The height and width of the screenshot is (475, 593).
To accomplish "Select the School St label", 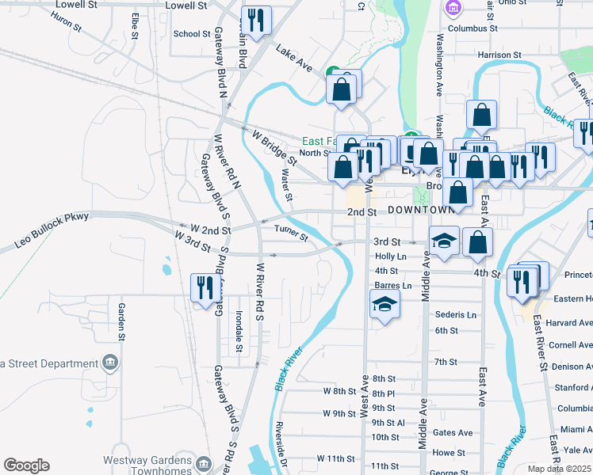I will (186, 34).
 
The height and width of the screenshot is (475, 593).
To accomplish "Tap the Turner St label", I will (291, 230).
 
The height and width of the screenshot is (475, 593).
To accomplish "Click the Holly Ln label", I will (390, 256).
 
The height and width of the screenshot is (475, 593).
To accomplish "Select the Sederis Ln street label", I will (456, 314).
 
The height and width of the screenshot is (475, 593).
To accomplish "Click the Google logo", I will (26, 465).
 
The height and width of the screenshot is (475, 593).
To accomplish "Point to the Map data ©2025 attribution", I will (560, 469).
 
